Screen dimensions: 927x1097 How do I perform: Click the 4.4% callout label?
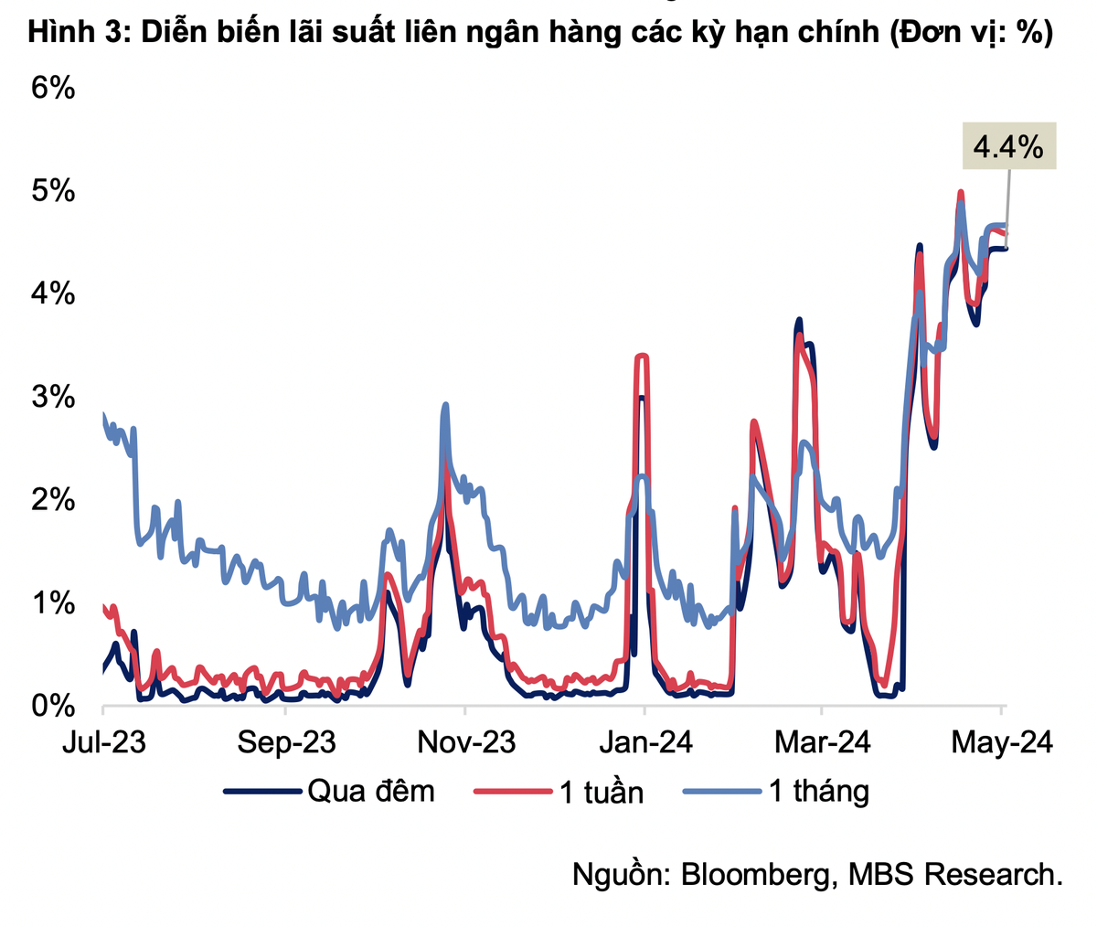(1008, 146)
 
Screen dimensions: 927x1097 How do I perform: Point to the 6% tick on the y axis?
(52, 89)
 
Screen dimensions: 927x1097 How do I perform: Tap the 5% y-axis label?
(52, 192)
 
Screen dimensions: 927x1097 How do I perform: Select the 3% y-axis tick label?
(52, 398)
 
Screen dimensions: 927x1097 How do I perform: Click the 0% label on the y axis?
(52, 706)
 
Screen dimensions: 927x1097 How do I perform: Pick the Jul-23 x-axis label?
(103, 742)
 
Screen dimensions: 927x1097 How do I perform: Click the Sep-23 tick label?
(286, 742)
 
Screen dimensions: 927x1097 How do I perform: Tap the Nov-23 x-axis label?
(466, 742)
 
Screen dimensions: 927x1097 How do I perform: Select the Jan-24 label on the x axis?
(645, 742)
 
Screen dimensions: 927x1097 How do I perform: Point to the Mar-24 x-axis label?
(823, 742)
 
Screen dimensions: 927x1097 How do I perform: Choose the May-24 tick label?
(1002, 742)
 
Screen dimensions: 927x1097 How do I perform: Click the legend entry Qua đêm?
(370, 791)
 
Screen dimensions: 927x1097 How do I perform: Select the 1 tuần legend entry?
(602, 792)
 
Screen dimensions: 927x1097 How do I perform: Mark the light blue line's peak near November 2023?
(445, 405)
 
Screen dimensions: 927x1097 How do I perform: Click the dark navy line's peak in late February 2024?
(799, 320)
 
